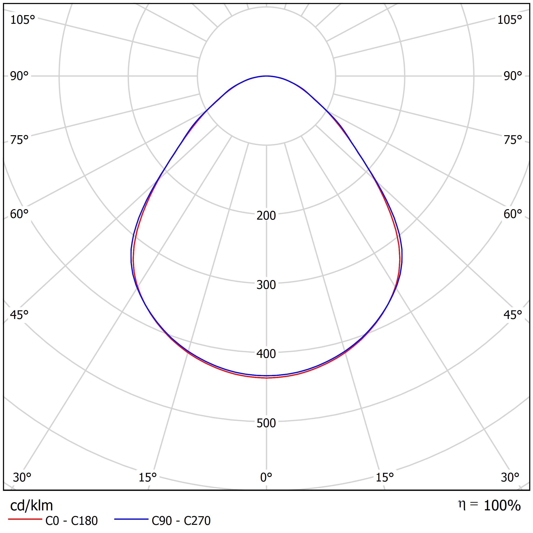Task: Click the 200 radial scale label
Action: click(x=266, y=215)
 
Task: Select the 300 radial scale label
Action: click(x=266, y=285)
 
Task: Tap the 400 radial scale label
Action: click(x=266, y=354)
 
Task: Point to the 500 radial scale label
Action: click(x=266, y=423)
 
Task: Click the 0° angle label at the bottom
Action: click(x=266, y=477)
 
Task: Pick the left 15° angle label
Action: click(x=148, y=477)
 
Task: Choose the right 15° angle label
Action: click(x=384, y=477)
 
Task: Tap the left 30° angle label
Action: click(x=22, y=477)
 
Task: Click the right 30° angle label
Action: click(x=510, y=477)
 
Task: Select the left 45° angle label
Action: click(x=19, y=315)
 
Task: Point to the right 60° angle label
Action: click(x=512, y=214)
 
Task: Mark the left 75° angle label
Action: click(x=19, y=140)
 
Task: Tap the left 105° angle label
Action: click(x=23, y=20)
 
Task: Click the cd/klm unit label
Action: click(x=31, y=506)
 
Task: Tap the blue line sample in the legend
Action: click(x=131, y=519)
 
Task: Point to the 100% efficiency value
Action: click(x=502, y=506)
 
